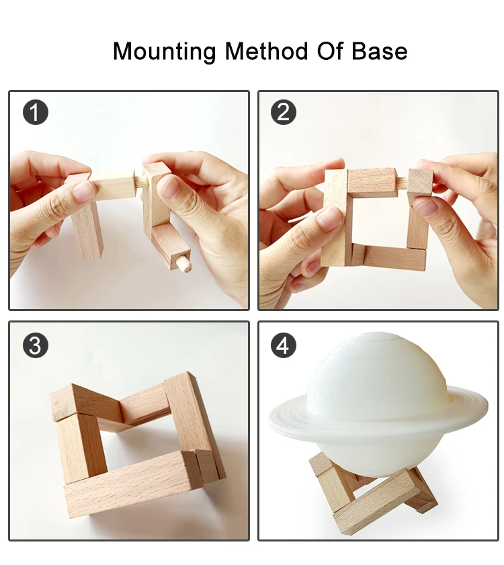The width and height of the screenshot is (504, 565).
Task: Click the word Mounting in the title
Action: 165,52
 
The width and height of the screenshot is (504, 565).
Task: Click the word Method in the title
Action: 267,51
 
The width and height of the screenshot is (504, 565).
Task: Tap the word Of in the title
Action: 330,51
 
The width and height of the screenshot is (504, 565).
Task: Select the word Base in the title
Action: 380,51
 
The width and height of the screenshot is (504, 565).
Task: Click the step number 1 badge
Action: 36,112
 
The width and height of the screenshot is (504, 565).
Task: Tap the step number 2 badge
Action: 284,112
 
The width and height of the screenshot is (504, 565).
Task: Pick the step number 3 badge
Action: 36,345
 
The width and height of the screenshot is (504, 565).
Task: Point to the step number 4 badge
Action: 284,345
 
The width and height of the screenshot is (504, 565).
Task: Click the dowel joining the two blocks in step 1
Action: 139,180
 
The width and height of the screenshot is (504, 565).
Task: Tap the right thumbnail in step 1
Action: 170,187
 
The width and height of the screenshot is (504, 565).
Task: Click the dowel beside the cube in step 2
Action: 402,181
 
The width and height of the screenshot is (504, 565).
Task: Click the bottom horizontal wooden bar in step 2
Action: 389,257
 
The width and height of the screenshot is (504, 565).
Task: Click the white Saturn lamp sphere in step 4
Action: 375,400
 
